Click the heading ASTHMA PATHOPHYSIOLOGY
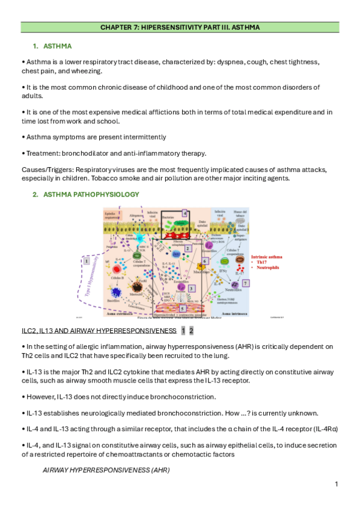[x=91, y=194]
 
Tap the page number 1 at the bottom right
[x=337, y=484]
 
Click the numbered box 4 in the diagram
[x=185, y=213]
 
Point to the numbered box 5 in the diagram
[x=183, y=308]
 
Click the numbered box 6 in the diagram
[x=206, y=261]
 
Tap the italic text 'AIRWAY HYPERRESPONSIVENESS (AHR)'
[x=106, y=470]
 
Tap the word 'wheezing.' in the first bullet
[x=93, y=70]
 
